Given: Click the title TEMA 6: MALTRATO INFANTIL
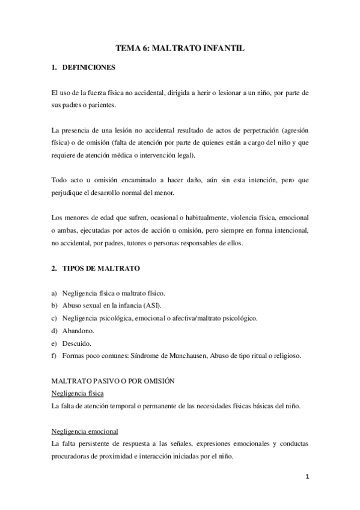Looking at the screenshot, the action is [180, 47].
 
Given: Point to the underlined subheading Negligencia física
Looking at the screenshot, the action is [78, 393].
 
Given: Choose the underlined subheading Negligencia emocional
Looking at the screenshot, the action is [85, 431].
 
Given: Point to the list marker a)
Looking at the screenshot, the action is [55, 293].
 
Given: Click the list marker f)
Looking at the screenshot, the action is [55, 355].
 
